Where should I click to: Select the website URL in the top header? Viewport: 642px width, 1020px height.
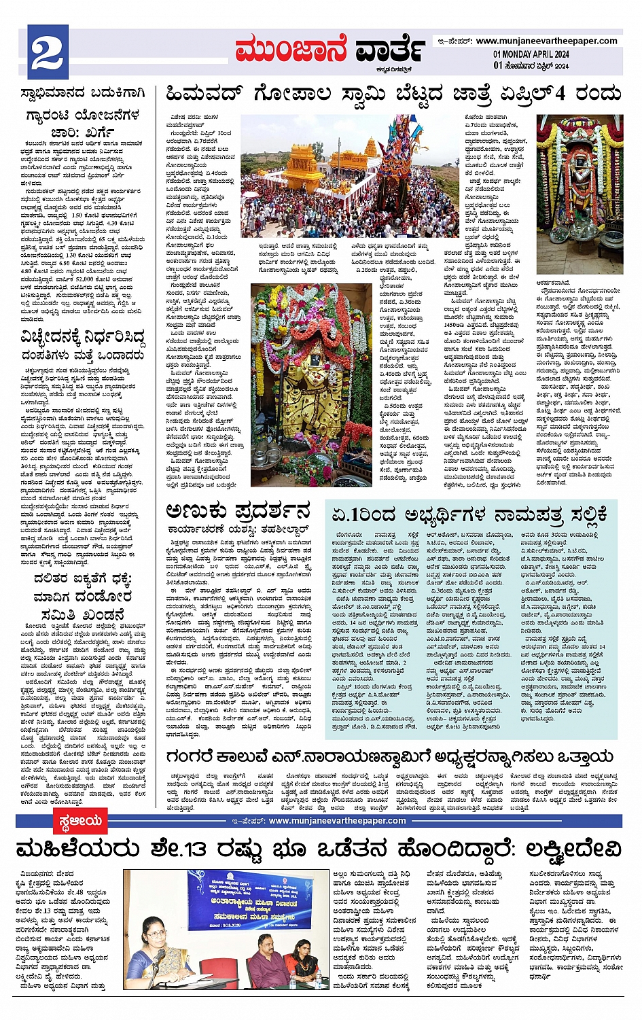point(546,41)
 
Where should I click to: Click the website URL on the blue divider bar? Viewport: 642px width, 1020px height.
point(337,821)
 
